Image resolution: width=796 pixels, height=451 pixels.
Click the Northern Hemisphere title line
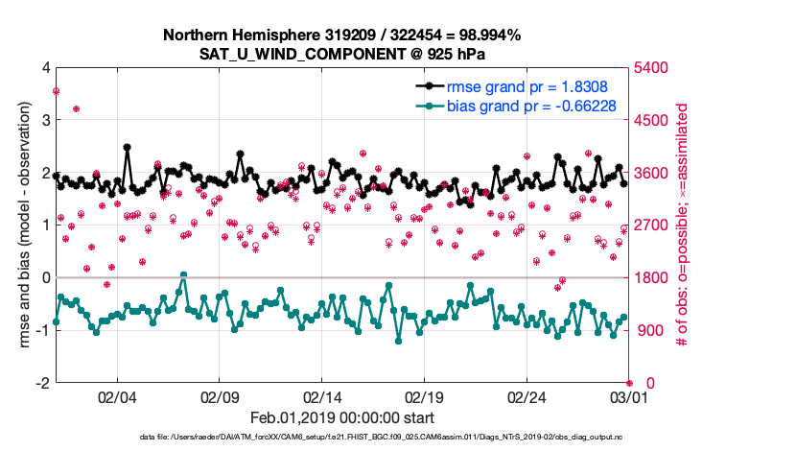click(341, 36)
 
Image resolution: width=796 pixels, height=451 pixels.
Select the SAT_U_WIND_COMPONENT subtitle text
click(341, 53)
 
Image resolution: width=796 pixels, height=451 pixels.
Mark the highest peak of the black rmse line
click(127, 148)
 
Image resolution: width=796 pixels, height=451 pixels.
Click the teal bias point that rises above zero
click(183, 275)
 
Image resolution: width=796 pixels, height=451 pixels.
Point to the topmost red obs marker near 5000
click(57, 91)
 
